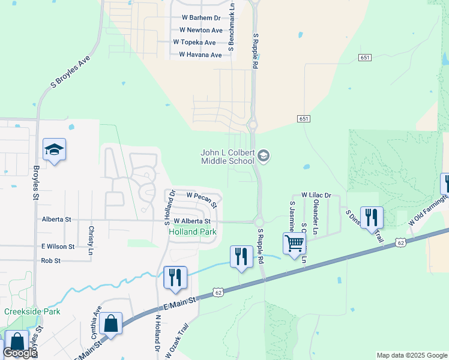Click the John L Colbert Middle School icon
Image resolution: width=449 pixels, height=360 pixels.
click(x=263, y=157)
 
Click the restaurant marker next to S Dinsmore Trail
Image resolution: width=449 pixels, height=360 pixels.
click(x=372, y=217)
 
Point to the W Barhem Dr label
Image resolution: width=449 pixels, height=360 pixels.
click(x=200, y=18)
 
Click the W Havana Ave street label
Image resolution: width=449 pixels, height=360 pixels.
click(x=200, y=55)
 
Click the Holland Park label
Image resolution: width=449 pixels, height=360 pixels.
click(x=192, y=232)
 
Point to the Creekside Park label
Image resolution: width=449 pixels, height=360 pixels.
click(x=32, y=312)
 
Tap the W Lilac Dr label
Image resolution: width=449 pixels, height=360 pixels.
click(x=316, y=195)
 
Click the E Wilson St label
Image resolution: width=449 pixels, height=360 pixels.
click(x=58, y=247)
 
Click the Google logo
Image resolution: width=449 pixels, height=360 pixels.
click(x=20, y=353)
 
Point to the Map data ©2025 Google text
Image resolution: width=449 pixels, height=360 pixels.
click(x=412, y=355)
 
